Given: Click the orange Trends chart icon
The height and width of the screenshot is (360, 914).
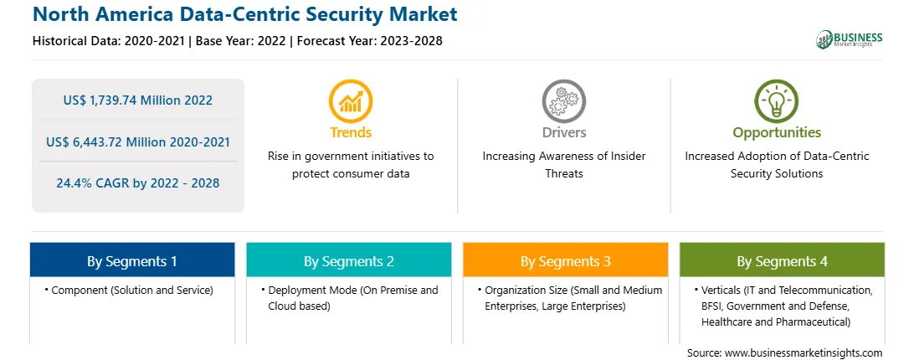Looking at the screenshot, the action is (351, 101).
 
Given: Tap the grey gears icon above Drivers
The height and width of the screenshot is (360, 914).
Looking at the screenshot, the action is (563, 101).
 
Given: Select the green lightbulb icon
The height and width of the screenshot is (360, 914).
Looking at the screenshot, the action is (777, 101).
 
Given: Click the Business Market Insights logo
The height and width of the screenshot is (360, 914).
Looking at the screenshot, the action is (850, 39).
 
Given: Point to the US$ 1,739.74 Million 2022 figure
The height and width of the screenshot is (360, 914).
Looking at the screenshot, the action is (137, 100).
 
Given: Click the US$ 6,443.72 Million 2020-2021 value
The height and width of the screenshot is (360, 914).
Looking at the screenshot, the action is (137, 141).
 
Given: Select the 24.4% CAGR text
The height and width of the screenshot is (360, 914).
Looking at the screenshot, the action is (137, 183).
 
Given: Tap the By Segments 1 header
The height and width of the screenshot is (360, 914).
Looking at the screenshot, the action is (132, 260).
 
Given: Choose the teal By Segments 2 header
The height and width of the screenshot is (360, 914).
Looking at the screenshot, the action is (348, 260).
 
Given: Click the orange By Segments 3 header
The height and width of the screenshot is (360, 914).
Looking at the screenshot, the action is (566, 260).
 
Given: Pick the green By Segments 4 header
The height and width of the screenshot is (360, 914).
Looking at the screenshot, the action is (783, 260).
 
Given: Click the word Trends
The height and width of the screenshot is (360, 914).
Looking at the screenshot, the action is (351, 132).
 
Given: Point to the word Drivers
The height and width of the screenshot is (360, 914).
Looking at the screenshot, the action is (564, 132).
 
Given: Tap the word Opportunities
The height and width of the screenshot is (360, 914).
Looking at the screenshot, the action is (777, 132).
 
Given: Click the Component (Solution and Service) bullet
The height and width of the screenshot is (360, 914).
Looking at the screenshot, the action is (129, 290).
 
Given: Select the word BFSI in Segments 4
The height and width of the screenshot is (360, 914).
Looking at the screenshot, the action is (711, 306).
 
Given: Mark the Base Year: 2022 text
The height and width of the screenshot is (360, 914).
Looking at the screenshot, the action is (241, 41).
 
